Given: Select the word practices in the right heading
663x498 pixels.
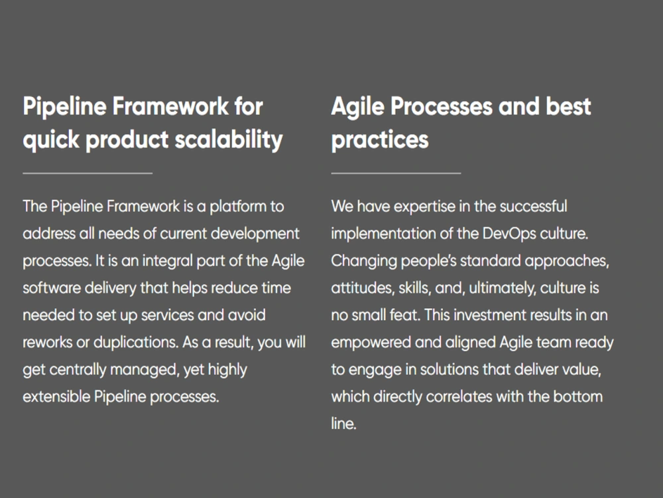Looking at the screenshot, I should (380, 139).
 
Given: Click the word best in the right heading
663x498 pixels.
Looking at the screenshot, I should (564, 107).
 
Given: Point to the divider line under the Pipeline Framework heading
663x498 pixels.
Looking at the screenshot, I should (88, 173).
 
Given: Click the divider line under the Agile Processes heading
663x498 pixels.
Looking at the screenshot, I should (396, 173).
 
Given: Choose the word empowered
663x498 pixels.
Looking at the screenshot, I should (374, 343).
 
